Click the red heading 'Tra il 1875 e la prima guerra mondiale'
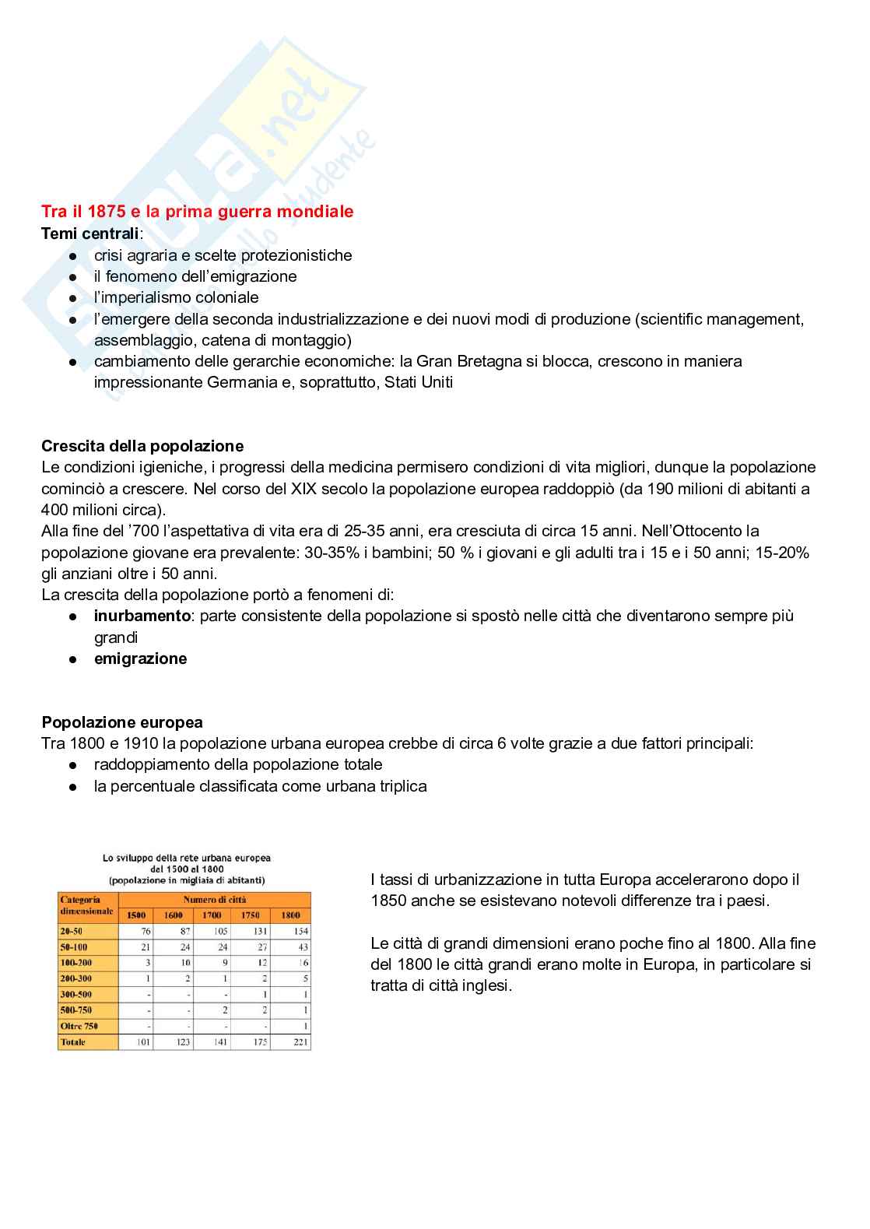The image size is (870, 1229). click(197, 211)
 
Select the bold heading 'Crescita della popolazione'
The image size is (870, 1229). click(142, 446)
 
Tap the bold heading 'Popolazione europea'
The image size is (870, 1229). click(122, 722)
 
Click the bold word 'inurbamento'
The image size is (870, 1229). click(142, 616)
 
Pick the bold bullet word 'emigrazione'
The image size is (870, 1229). click(141, 658)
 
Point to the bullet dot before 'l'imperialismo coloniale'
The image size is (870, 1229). click(72, 298)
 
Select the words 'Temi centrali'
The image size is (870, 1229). click(90, 234)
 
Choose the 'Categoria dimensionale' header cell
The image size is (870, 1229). click(87, 906)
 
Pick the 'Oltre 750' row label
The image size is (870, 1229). click(79, 1026)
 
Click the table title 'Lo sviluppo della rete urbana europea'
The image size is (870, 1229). click(187, 858)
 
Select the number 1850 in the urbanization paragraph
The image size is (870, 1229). click(388, 901)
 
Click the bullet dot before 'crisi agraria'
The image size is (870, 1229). click(72, 256)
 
